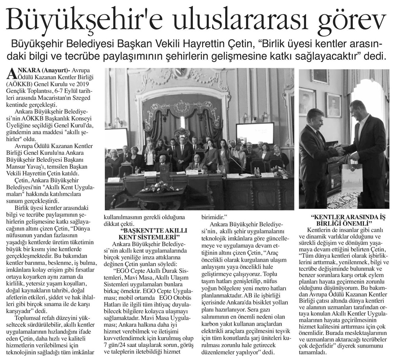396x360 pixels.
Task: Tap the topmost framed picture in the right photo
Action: click(x=320, y=76)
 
